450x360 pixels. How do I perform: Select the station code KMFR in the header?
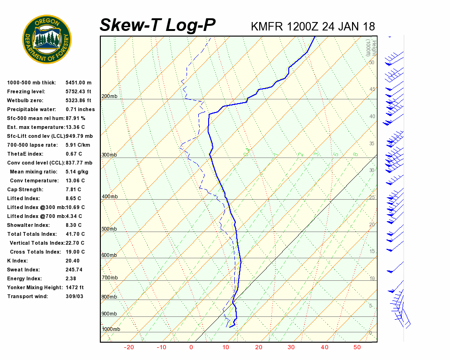pyautogui.click(x=267, y=26)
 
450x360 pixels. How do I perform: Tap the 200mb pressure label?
pyautogui.click(x=109, y=97)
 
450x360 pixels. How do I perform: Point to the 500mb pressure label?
pyautogui.click(x=109, y=229)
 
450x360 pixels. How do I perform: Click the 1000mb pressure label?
pyautogui.click(x=111, y=329)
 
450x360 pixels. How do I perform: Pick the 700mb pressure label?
pyautogui.click(x=109, y=278)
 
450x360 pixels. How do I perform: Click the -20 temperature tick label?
pyautogui.click(x=129, y=347)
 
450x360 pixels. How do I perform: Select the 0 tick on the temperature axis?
pyautogui.click(x=191, y=347)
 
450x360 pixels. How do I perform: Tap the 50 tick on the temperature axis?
pyautogui.click(x=357, y=347)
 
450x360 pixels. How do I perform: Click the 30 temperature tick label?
pyautogui.click(x=291, y=347)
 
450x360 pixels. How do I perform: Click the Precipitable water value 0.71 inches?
pyautogui.click(x=80, y=109)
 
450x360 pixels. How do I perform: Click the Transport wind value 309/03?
pyautogui.click(x=75, y=296)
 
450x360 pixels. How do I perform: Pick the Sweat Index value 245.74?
pyautogui.click(x=74, y=270)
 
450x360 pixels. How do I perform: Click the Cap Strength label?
pyautogui.click(x=25, y=189)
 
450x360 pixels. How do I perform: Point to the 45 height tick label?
pyautogui.click(x=372, y=89)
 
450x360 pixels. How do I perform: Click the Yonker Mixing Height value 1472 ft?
pyautogui.click(x=75, y=287)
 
